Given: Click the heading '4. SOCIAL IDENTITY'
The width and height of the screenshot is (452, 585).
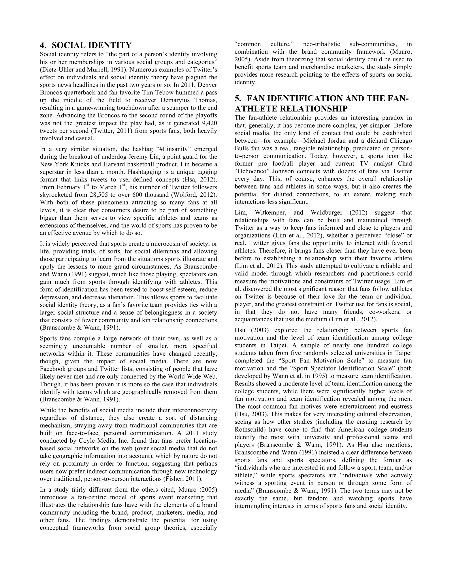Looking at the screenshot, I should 86,45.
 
